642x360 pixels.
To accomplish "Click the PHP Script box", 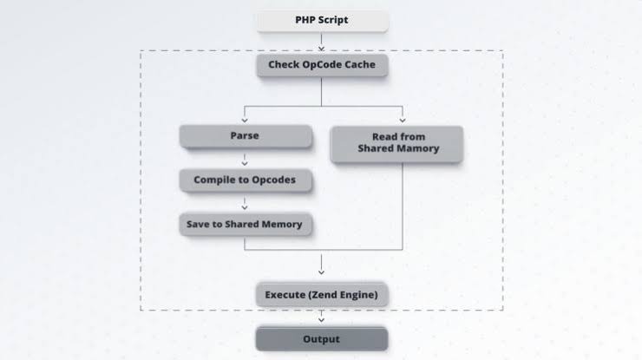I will point(322,19).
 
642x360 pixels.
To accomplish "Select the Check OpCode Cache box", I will point(322,65).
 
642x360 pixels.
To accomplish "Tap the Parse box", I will point(245,136).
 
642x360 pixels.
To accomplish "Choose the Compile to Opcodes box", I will point(245,180).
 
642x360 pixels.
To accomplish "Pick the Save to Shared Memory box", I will point(245,224).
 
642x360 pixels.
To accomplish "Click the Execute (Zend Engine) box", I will point(322,295).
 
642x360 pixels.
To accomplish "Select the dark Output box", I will point(322,339).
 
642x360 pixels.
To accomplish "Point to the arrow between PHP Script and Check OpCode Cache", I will point(322,41).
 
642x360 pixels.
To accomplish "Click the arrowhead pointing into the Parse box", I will point(245,119).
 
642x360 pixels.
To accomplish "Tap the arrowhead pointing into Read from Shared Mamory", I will point(402,119).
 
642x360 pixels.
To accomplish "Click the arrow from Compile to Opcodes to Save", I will point(245,203).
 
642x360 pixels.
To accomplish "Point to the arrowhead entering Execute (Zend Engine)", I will point(322,271).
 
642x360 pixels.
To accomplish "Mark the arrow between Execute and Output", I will point(322,317).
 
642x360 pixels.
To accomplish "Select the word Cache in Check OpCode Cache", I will point(358,65).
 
